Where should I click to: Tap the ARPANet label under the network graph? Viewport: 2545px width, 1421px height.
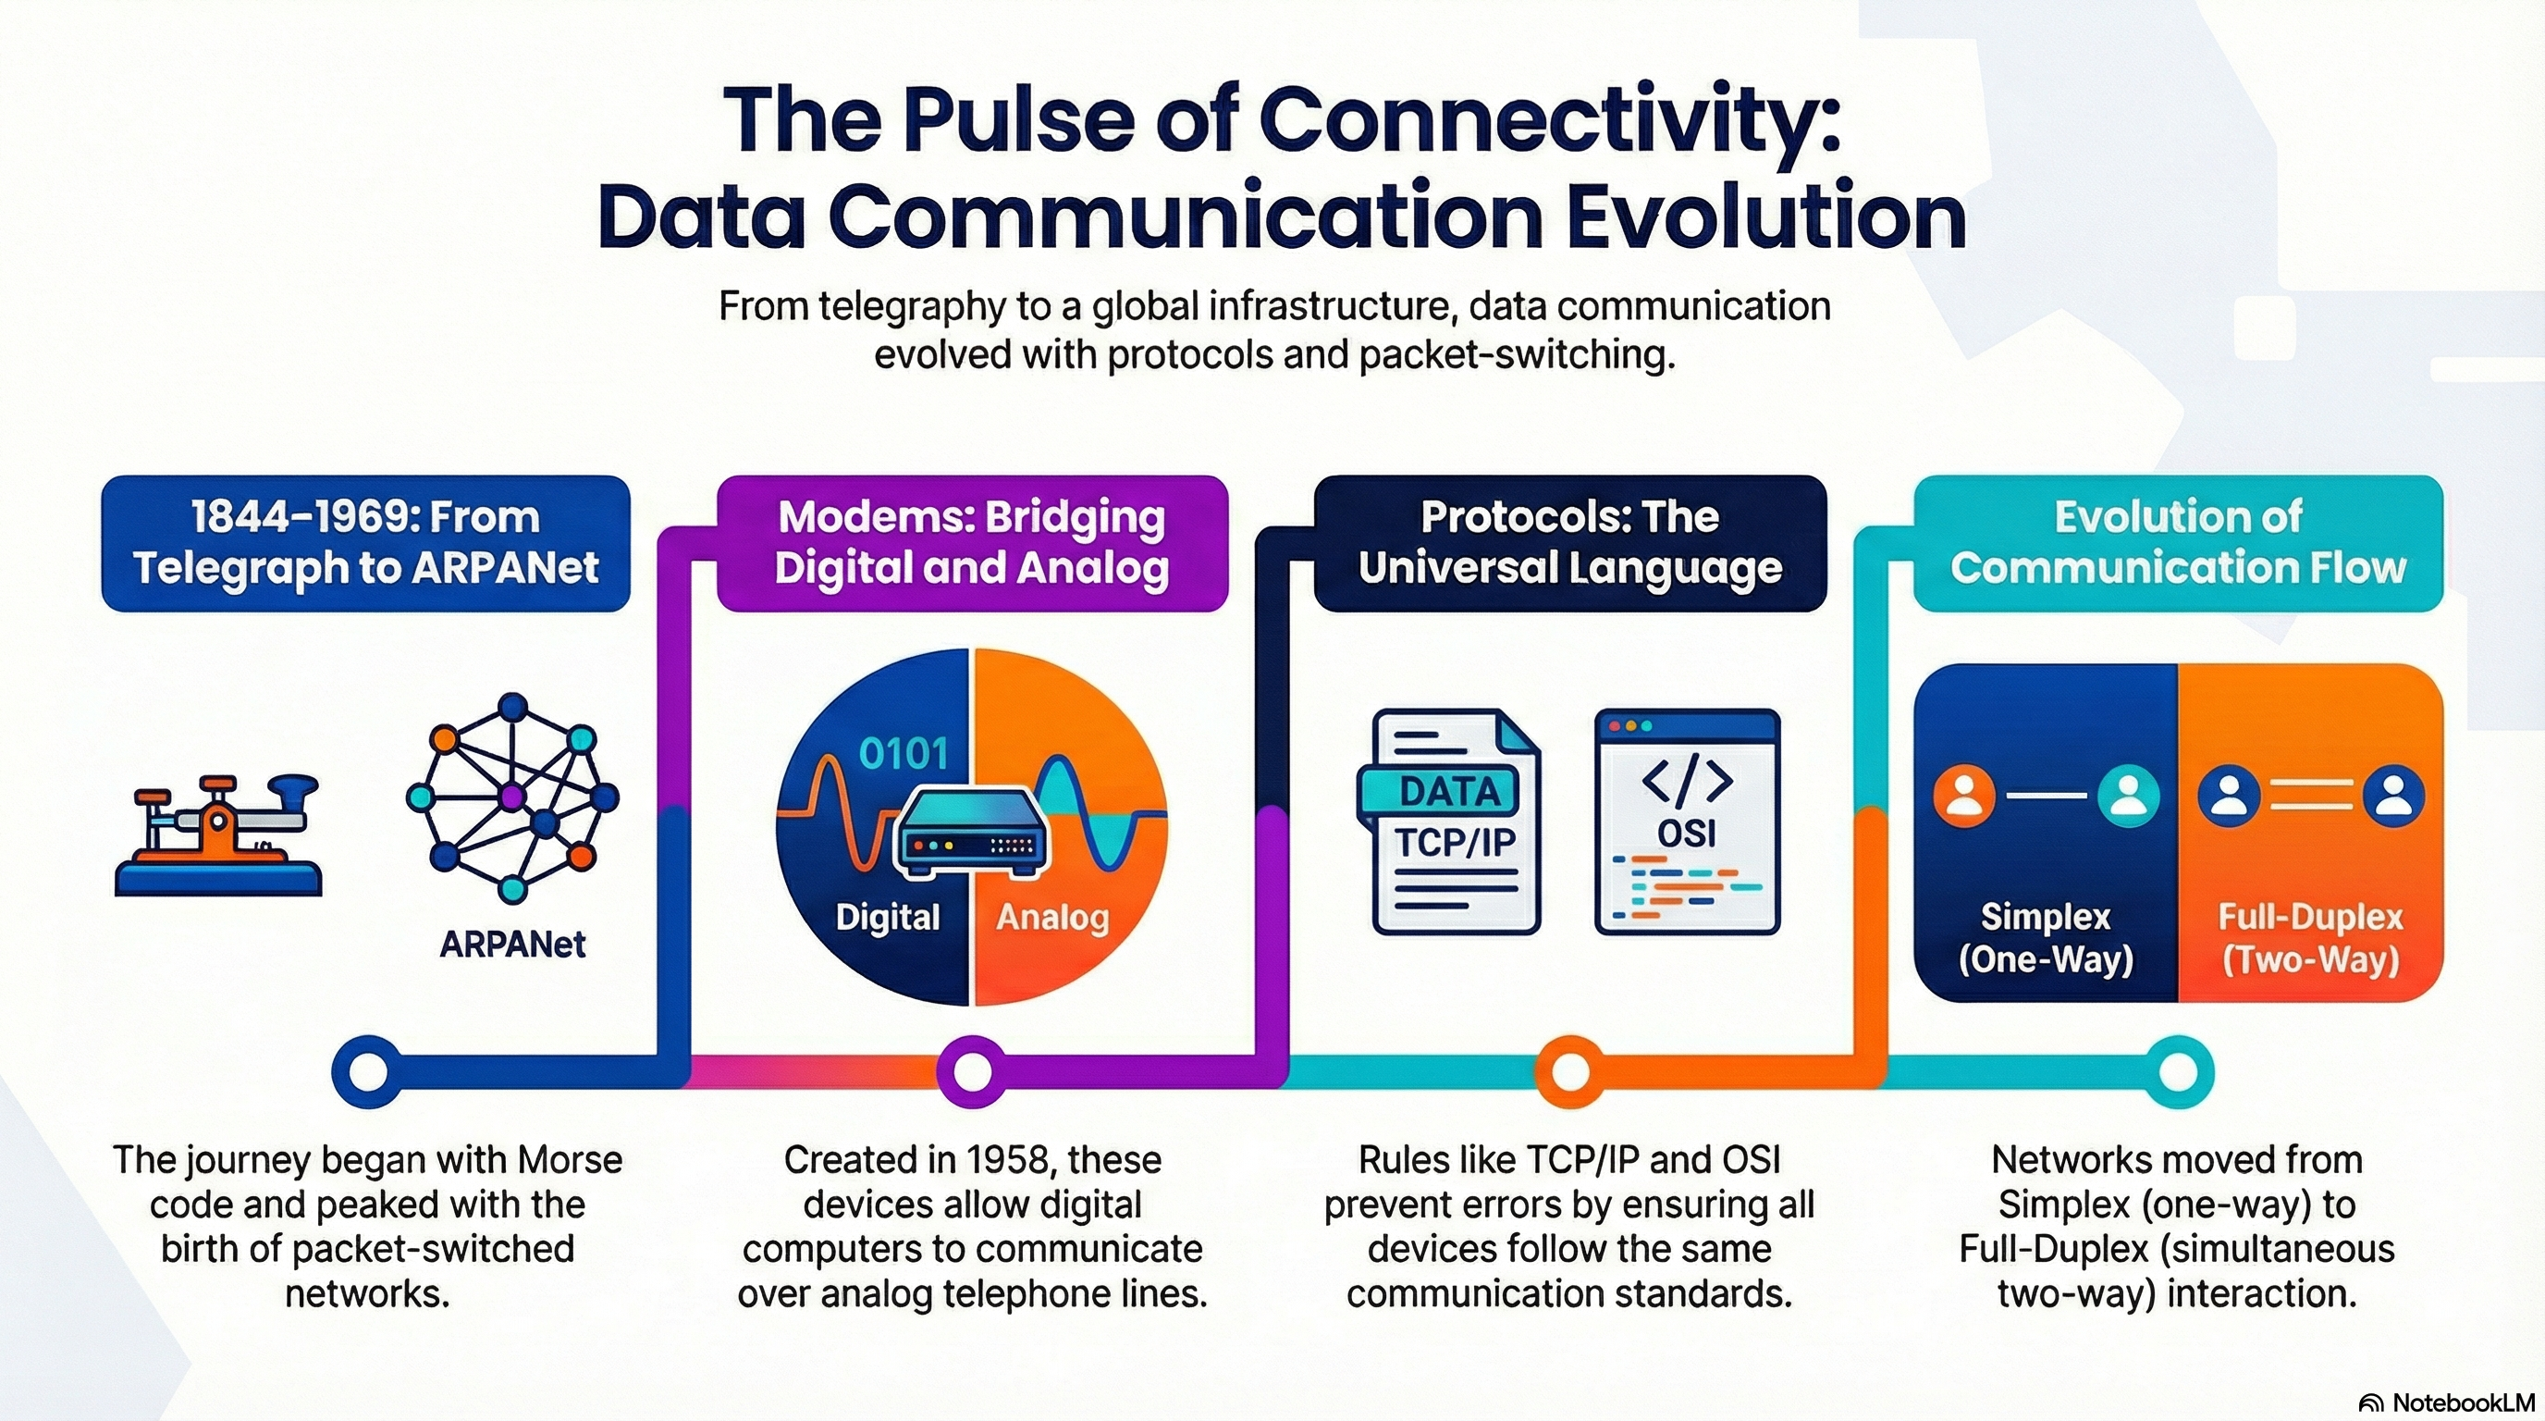511,945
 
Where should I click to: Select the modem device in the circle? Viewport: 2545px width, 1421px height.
969,833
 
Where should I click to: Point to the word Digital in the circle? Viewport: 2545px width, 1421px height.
887,917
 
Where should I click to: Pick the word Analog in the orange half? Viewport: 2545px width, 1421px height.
1052,917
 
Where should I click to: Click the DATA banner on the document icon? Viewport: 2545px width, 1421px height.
1449,791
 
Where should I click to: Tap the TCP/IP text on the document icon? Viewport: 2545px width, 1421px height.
1455,843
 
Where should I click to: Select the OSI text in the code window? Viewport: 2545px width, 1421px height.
1687,834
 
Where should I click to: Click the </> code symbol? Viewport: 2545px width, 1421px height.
1687,781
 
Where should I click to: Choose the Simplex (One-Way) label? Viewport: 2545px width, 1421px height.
2045,938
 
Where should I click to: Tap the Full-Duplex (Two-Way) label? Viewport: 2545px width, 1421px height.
2310,938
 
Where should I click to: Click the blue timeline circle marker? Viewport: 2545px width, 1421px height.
366,1071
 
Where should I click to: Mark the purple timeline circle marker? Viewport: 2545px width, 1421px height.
971,1071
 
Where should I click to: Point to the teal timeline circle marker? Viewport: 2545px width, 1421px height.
2178,1071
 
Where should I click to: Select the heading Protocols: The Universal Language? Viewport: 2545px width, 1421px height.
1570,542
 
